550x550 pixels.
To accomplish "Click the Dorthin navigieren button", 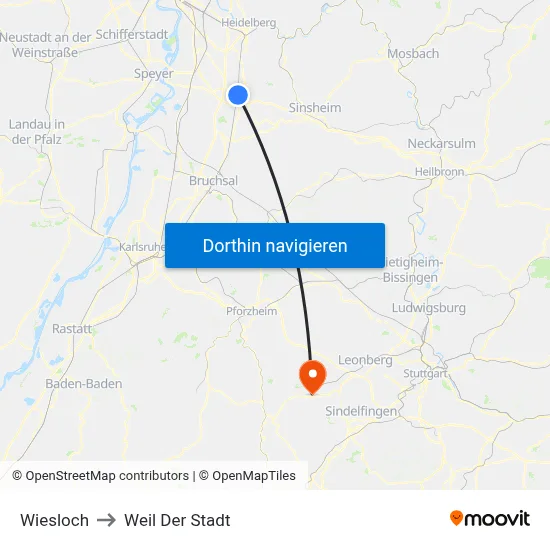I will [275, 245].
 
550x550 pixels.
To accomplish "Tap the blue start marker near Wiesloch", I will [238, 94].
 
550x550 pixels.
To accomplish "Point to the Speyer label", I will [153, 73].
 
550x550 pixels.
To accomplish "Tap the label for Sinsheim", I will [314, 107].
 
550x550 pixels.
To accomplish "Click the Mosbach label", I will [413, 53].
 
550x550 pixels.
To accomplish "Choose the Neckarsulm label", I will [441, 143].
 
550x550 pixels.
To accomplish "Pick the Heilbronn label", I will [438, 172].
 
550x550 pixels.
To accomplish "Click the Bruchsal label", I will [213, 181].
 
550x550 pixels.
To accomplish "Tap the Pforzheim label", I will [251, 311].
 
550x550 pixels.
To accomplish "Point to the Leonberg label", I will [365, 359].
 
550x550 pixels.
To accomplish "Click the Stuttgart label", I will [423, 373].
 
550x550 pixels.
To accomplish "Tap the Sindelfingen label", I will [361, 411].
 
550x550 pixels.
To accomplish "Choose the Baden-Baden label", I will [84, 383].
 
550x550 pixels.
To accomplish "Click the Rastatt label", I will [72, 328].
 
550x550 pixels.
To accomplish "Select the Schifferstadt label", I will [132, 34].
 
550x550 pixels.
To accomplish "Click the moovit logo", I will [490, 518].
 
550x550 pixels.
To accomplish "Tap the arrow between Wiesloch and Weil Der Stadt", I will [106, 520].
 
